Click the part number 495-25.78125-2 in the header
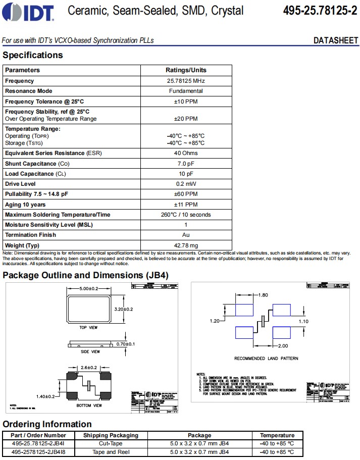tap(320, 11)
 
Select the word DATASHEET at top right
tap(335, 40)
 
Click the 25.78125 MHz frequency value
tap(186, 81)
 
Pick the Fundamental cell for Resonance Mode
tap(186, 91)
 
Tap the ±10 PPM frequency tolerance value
tap(186, 101)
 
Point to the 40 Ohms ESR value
tap(186, 153)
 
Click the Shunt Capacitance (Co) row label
tap(38, 164)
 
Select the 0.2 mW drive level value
tap(186, 184)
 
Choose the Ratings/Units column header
tap(186, 70)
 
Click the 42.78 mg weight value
tap(186, 245)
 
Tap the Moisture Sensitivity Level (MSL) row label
tap(49, 225)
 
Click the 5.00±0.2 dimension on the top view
tap(92, 288)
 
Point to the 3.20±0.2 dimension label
tap(124, 309)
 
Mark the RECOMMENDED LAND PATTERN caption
tap(266, 359)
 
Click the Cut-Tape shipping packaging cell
tap(110, 443)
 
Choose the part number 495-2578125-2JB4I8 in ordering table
tap(38, 452)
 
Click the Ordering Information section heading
tap(47, 424)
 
